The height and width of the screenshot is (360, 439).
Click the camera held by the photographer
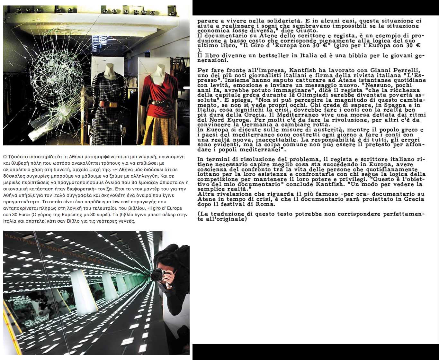point(159,274)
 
